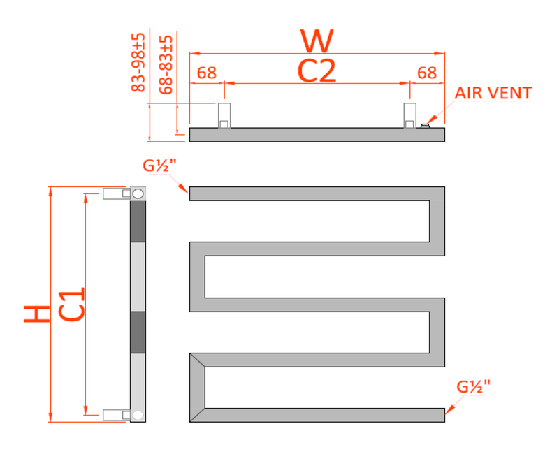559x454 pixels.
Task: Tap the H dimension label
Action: pyautogui.click(x=36, y=314)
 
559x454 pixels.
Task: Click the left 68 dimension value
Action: pyautogui.click(x=206, y=73)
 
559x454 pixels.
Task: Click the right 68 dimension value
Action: pyautogui.click(x=426, y=73)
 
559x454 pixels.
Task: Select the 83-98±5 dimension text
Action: pyautogui.click(x=138, y=62)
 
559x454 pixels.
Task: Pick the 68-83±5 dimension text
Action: pyautogui.click(x=166, y=65)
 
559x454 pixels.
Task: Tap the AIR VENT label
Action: pyautogui.click(x=493, y=94)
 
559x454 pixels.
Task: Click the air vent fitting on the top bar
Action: pyautogui.click(x=425, y=126)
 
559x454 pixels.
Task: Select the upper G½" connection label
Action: pyautogui.click(x=158, y=166)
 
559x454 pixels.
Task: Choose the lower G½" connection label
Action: pyautogui.click(x=474, y=386)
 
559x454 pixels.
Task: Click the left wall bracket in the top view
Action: pyautogui.click(x=224, y=115)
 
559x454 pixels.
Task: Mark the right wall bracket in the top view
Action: pyautogui.click(x=409, y=115)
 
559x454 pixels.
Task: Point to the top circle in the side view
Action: pyautogui.click(x=138, y=193)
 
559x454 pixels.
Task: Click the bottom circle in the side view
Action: pyautogui.click(x=138, y=415)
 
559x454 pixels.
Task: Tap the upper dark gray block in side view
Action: pyautogui.click(x=138, y=221)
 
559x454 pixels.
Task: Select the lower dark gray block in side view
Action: pyautogui.click(x=138, y=332)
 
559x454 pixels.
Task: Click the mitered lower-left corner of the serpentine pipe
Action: pyautogui.click(x=198, y=361)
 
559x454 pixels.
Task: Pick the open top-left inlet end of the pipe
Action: pyautogui.click(x=194, y=193)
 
